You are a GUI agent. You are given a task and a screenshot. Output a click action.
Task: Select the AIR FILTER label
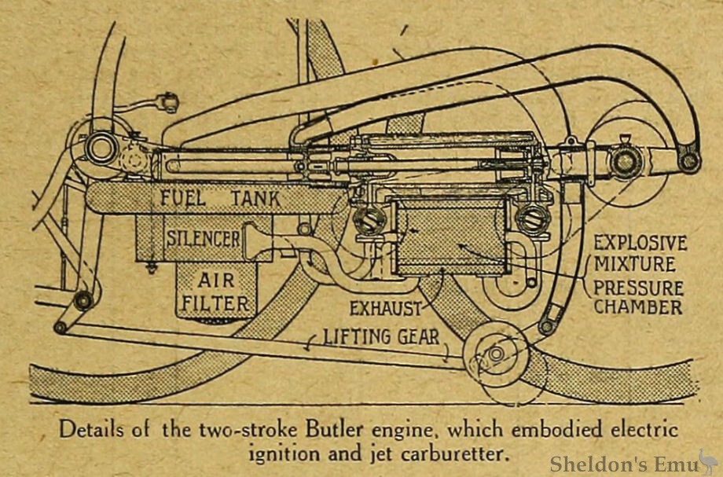[213, 290]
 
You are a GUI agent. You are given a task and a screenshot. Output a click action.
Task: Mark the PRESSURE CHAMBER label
[638, 297]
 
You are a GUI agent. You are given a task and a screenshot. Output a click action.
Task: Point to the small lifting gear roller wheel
[496, 354]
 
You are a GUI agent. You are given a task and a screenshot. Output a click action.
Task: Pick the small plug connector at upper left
[167, 103]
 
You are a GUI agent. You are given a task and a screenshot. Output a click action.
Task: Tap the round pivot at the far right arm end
[689, 161]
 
